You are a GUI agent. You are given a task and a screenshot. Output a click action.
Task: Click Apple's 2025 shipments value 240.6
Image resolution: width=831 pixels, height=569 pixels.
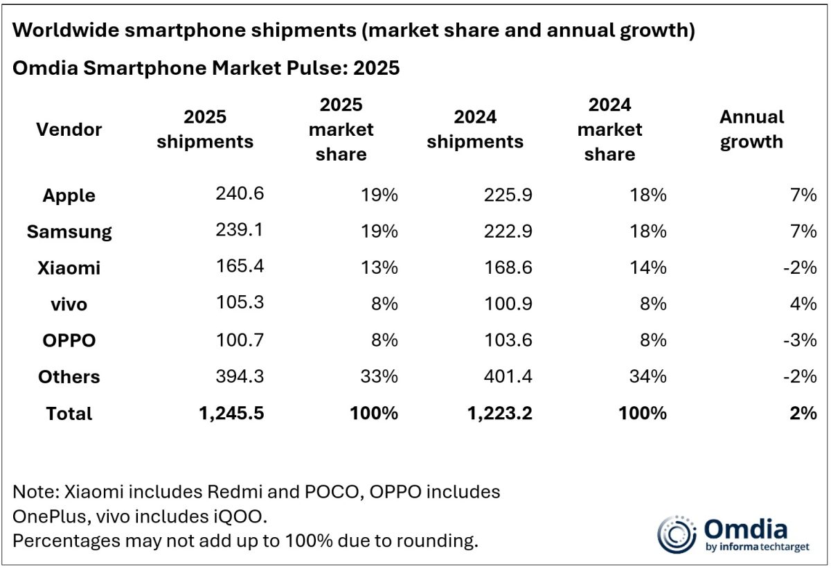240,194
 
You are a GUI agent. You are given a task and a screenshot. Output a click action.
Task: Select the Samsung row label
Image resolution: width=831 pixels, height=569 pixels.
69,231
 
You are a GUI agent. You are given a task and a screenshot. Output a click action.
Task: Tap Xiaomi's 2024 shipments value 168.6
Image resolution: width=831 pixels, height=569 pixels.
508,267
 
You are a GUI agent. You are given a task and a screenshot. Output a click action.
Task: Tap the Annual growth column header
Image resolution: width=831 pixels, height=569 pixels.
751,129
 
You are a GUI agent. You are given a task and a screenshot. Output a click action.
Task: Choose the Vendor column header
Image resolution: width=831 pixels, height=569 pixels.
69,129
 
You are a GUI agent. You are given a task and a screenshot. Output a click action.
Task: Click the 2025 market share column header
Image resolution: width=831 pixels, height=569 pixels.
341,129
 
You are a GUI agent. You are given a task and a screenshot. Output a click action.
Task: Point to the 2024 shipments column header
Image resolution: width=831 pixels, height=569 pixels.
475,129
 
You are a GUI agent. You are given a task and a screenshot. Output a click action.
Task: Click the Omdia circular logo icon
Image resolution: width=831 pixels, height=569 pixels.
676,534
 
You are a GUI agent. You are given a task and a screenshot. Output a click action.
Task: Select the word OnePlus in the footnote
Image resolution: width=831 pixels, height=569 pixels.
49,517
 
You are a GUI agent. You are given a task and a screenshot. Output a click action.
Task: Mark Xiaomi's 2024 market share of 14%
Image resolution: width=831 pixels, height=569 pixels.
649,267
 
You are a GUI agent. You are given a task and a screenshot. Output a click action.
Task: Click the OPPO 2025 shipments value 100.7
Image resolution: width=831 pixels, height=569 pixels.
240,340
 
